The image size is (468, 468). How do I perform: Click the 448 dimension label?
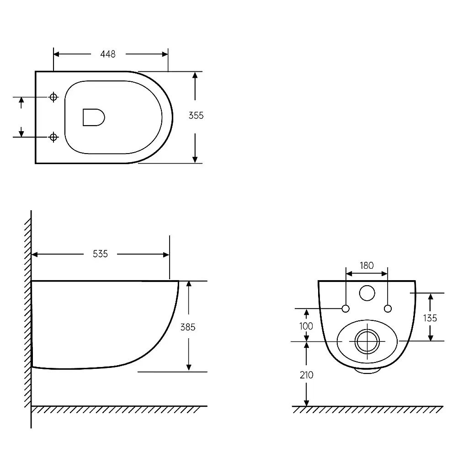click(x=108, y=54)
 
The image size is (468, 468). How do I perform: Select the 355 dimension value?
click(x=196, y=116)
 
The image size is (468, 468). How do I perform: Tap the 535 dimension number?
click(x=100, y=254)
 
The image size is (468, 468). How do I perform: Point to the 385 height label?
click(x=188, y=327)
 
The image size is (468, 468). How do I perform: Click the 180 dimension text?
click(x=367, y=266)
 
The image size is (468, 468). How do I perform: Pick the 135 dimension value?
click(x=430, y=318)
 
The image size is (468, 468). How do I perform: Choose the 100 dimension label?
click(x=306, y=326)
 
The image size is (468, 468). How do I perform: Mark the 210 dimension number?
click(x=307, y=375)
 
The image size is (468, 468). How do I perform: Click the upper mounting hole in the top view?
click(x=53, y=97)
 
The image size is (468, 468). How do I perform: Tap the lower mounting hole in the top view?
click(x=53, y=137)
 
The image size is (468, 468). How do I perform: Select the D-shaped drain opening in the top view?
click(x=94, y=117)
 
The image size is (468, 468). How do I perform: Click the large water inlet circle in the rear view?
click(x=367, y=293)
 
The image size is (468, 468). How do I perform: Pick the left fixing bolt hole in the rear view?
click(x=346, y=308)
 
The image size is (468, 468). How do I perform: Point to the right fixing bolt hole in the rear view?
click(x=388, y=308)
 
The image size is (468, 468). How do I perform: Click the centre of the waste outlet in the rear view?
click(x=367, y=341)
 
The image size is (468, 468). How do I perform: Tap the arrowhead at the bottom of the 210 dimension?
click(x=306, y=403)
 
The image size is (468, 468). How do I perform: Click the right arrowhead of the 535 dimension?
click(x=166, y=255)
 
